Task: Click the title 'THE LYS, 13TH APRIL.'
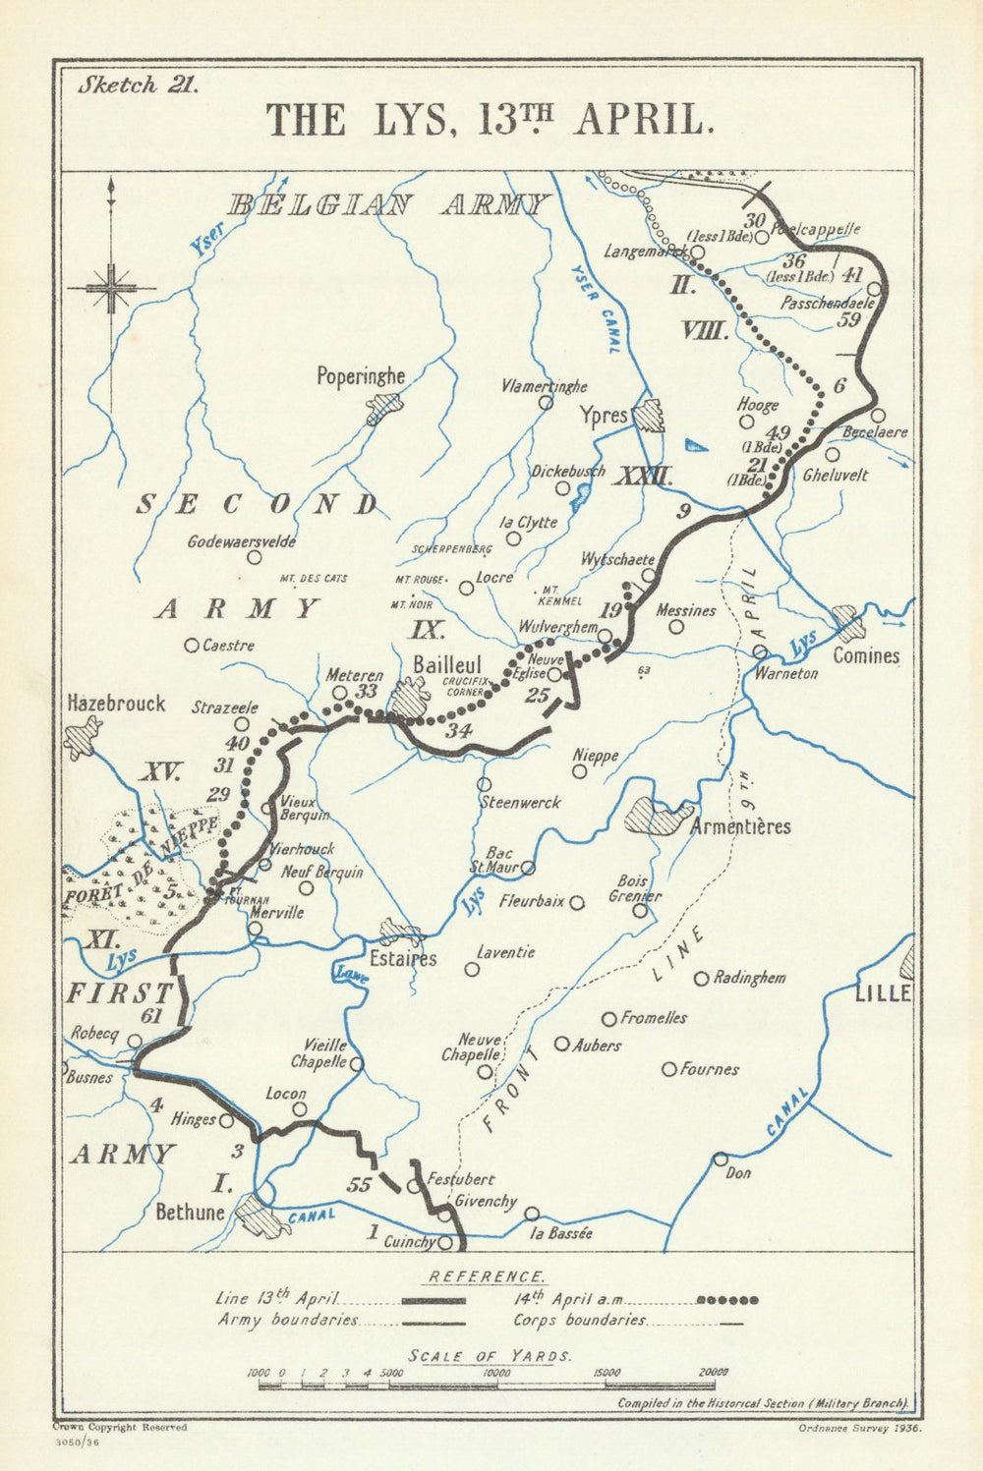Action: (x=489, y=119)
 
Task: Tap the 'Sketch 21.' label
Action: (x=139, y=85)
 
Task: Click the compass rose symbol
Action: (x=111, y=286)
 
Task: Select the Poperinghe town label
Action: (x=361, y=376)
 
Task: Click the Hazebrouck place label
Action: (x=116, y=704)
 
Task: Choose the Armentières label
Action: (x=740, y=826)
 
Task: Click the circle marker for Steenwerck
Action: (x=484, y=784)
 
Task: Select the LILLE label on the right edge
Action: (x=882, y=993)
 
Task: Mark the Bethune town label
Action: (x=190, y=1212)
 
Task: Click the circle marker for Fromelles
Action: (x=609, y=1019)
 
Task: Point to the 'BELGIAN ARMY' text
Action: (x=387, y=204)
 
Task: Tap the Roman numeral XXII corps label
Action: (x=644, y=479)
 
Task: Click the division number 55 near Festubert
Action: (x=360, y=1185)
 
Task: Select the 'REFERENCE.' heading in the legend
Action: (x=486, y=1276)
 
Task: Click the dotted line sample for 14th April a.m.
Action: (x=726, y=1300)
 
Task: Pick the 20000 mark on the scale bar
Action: (x=714, y=1372)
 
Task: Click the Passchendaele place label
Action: (x=823, y=305)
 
